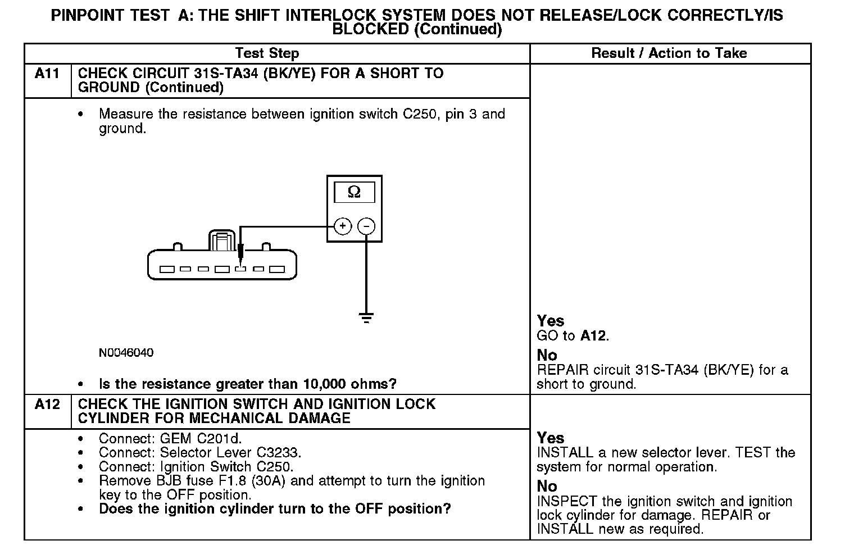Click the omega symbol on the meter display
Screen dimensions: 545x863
point(354,192)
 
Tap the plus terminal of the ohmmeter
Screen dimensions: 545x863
point(343,226)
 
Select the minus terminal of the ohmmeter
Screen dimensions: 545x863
point(366,226)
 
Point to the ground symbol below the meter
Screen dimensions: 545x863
point(366,319)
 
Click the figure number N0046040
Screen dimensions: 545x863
point(126,353)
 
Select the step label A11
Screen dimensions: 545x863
point(47,74)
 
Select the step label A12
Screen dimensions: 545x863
point(47,405)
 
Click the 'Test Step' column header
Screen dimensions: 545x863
point(267,53)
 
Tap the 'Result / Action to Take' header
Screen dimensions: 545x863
point(669,53)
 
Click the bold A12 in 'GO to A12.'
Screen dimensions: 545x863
point(593,336)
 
